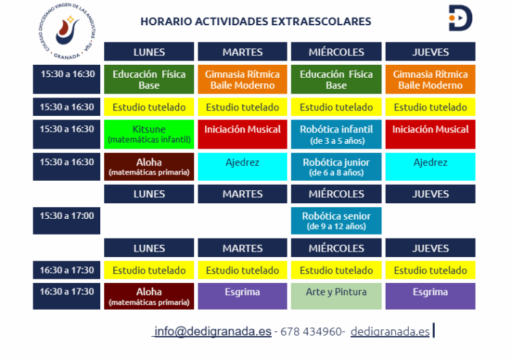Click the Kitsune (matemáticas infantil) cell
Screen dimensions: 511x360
tap(149, 134)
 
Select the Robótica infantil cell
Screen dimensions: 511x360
tap(336, 134)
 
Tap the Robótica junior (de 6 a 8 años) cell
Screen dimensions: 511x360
tap(336, 166)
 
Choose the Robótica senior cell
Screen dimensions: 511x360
tap(336, 221)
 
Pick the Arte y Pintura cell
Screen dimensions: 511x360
tap(336, 296)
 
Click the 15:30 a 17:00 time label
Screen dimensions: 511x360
tap(67, 221)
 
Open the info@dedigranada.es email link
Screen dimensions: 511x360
tap(213, 331)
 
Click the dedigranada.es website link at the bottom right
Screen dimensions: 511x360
tap(390, 331)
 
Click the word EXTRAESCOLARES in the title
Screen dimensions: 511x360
tap(321, 22)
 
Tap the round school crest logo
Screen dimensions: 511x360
tap(67, 31)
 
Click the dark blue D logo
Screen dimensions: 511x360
tap(461, 18)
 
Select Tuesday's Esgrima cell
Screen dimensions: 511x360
tap(243, 296)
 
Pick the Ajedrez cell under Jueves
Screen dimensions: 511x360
tap(430, 166)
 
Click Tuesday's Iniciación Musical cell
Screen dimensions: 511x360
tap(243, 134)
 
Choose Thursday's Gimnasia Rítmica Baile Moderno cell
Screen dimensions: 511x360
tap(430, 79)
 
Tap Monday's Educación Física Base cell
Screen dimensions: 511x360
tap(149, 79)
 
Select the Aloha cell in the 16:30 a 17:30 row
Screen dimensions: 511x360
tap(149, 296)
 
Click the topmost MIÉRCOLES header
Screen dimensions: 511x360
tap(336, 52)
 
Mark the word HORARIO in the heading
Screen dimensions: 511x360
tap(166, 22)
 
